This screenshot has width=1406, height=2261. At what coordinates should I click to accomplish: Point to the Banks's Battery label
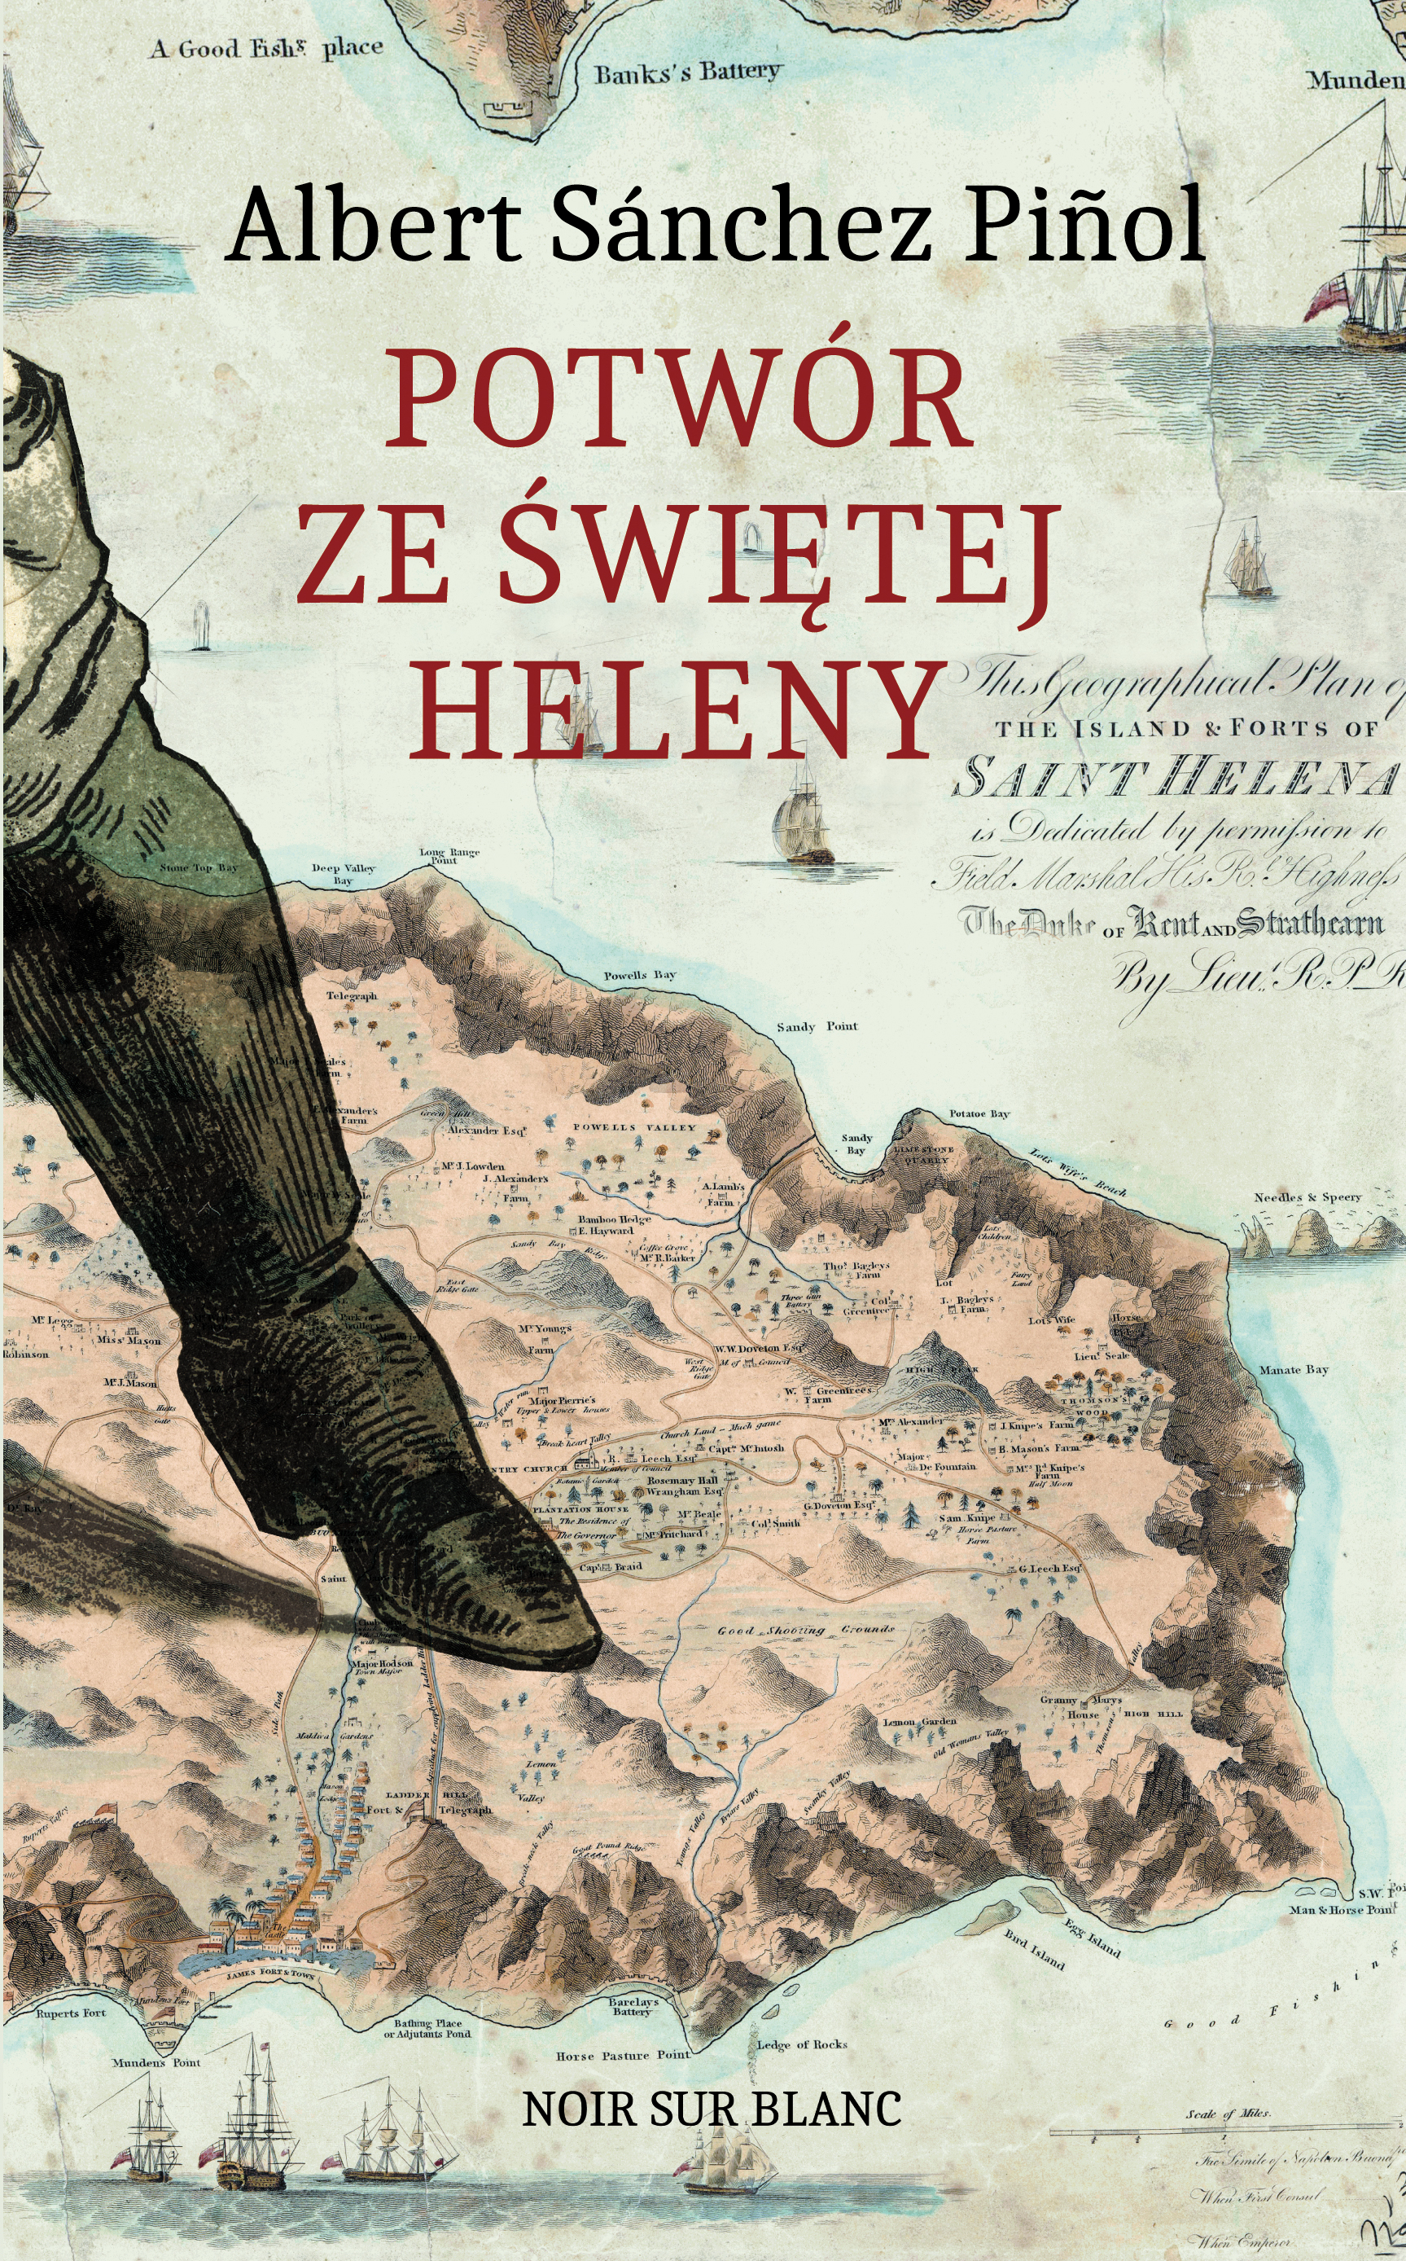click(687, 72)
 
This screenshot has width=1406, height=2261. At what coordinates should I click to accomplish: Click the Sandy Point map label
click(817, 1027)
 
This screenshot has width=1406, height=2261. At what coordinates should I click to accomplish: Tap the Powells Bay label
click(640, 976)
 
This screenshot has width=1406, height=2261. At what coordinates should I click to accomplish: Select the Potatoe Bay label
click(979, 1113)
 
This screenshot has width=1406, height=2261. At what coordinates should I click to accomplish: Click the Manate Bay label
click(1294, 1370)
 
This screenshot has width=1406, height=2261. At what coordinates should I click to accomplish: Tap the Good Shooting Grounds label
click(805, 1630)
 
